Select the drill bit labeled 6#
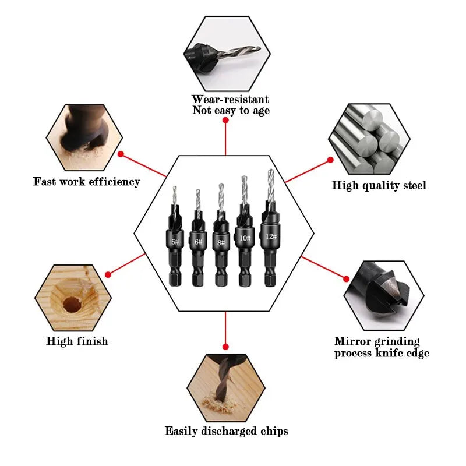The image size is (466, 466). (198, 241)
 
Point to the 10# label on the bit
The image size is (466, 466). (245, 238)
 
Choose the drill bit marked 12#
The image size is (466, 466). (270, 236)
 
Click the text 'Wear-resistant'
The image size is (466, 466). (230, 100)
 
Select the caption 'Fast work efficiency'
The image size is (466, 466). (87, 182)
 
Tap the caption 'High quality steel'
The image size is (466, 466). (379, 186)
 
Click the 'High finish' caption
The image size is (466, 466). (77, 341)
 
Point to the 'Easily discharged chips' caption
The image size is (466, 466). (226, 431)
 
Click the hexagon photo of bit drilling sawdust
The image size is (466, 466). (225, 386)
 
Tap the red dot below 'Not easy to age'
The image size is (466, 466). (225, 121)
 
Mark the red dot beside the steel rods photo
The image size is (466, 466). (330, 160)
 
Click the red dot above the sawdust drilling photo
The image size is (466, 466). (225, 347)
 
